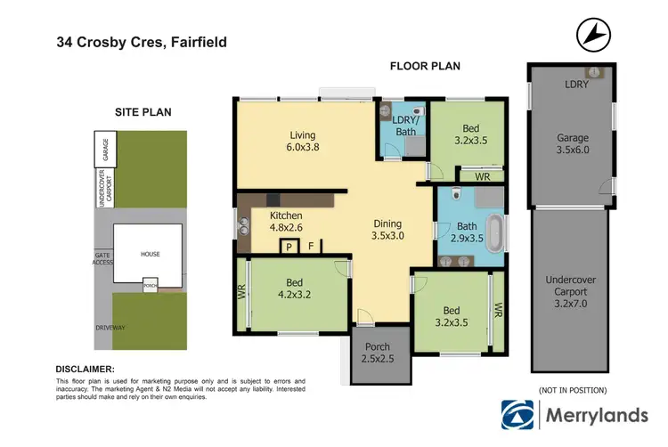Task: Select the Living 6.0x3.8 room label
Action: point(302,142)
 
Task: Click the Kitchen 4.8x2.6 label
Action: point(286,222)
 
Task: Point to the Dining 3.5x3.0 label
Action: point(388,230)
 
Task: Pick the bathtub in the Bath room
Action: point(497,230)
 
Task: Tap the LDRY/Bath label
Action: point(405,126)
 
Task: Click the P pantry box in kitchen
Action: point(289,248)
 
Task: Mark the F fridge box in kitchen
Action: point(311,248)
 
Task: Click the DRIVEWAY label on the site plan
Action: point(111,328)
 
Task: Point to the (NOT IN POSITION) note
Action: point(573,390)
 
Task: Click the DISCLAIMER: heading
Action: point(85,368)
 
